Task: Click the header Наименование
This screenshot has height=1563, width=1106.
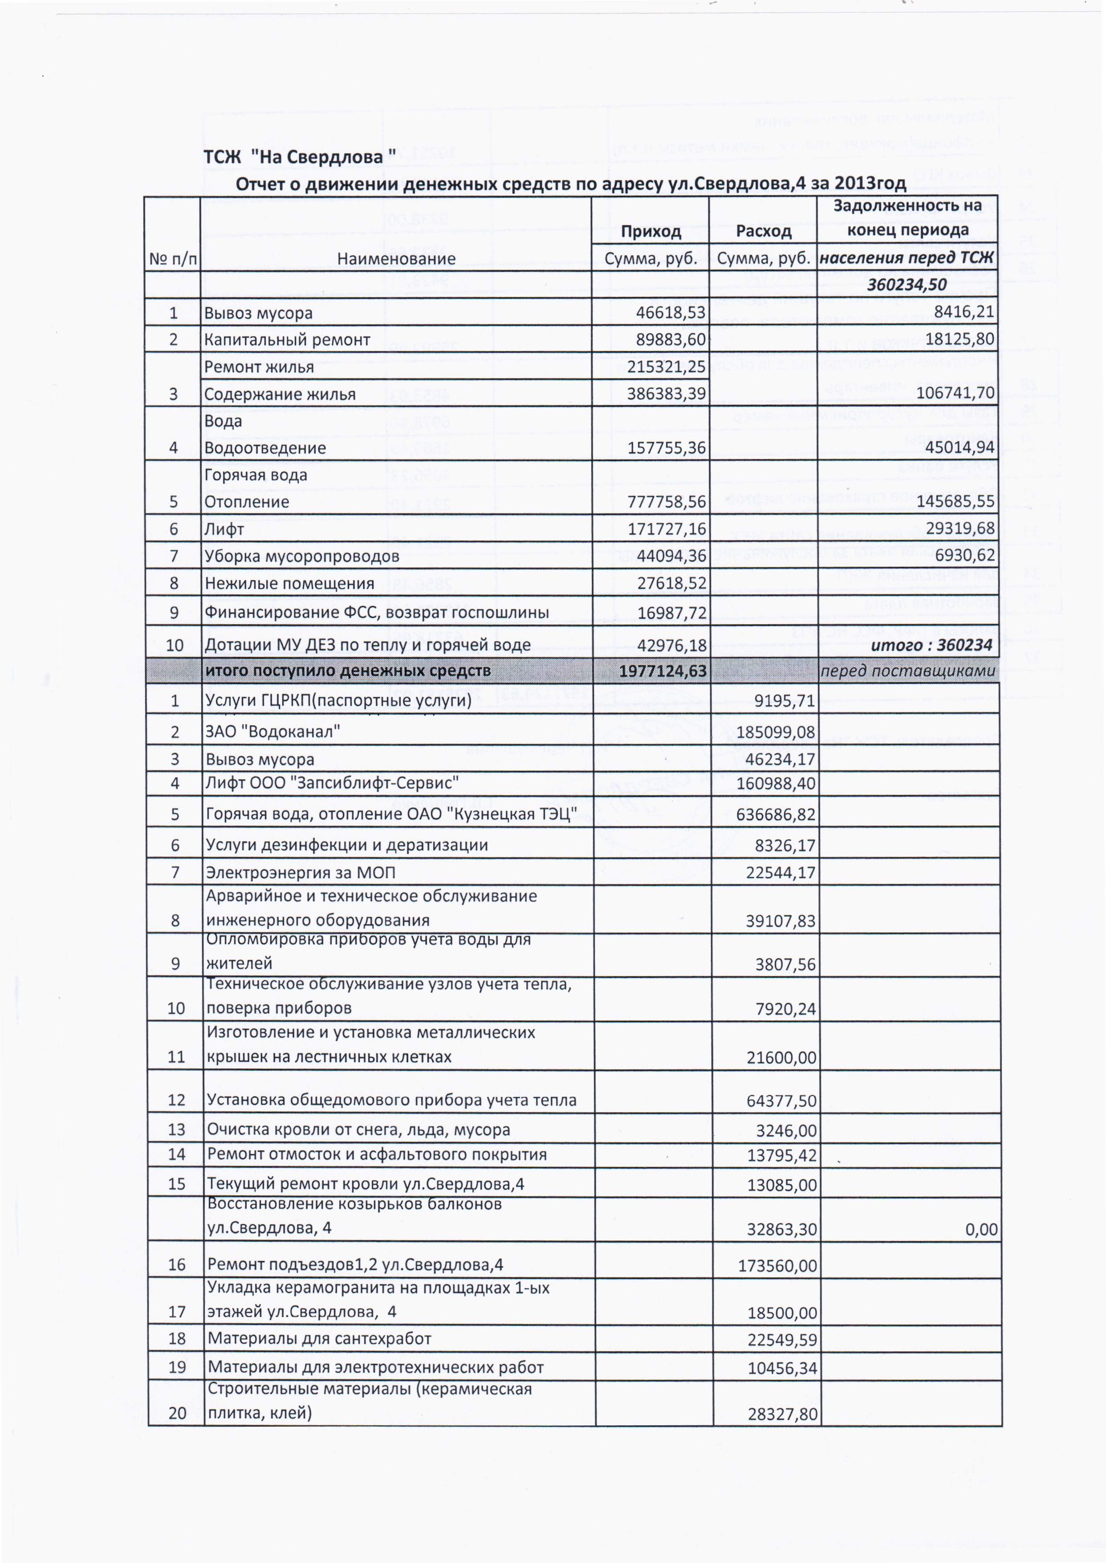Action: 396,259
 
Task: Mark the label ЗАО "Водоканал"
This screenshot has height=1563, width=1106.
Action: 272,732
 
